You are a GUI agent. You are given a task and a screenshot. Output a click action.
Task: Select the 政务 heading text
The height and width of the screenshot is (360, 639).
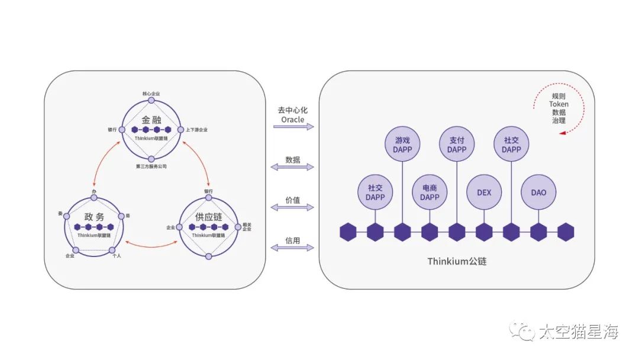pos(94,217)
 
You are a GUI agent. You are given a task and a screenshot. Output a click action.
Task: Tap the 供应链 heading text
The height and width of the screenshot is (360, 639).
pos(209,217)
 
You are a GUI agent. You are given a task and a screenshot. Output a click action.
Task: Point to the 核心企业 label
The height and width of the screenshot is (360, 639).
pos(151,94)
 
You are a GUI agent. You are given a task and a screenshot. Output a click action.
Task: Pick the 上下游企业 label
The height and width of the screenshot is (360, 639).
pos(196,130)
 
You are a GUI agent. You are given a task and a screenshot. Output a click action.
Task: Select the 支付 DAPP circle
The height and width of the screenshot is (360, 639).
pos(457,145)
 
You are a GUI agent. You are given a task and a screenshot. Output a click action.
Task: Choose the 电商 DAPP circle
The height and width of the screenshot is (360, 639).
pos(430,192)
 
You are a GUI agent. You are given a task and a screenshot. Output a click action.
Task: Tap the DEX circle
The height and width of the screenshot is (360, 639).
pos(484,192)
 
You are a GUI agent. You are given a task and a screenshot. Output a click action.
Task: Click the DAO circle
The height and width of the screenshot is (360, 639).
pos(538,192)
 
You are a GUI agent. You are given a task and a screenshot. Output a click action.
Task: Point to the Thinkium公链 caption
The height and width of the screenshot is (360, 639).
pos(457,261)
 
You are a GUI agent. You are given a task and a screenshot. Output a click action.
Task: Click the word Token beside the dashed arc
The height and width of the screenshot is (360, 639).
pos(559,104)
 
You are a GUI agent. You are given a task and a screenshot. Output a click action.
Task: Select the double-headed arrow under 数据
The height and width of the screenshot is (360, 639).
pos(292,167)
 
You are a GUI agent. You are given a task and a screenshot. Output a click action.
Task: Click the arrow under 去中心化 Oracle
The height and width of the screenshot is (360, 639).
pos(292,127)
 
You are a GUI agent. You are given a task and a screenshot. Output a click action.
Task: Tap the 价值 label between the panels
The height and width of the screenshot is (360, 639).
pos(292,200)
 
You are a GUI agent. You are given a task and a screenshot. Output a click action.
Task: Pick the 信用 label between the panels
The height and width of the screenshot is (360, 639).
pos(292,240)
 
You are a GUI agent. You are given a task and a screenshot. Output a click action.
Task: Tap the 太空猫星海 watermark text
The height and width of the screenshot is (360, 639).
pos(578,332)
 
